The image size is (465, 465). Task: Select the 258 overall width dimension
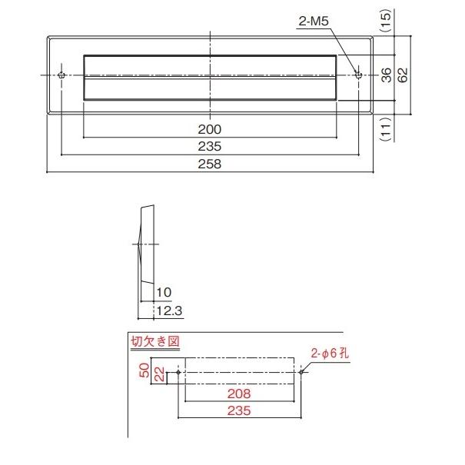[x=210, y=164]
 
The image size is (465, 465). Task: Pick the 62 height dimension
[x=403, y=75]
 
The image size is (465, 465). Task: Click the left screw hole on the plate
[x=62, y=75]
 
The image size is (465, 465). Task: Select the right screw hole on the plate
[x=357, y=75]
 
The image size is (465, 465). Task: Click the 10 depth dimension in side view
[x=164, y=293]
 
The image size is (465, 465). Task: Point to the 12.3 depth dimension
[x=168, y=311]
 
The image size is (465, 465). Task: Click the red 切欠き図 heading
[x=148, y=341]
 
